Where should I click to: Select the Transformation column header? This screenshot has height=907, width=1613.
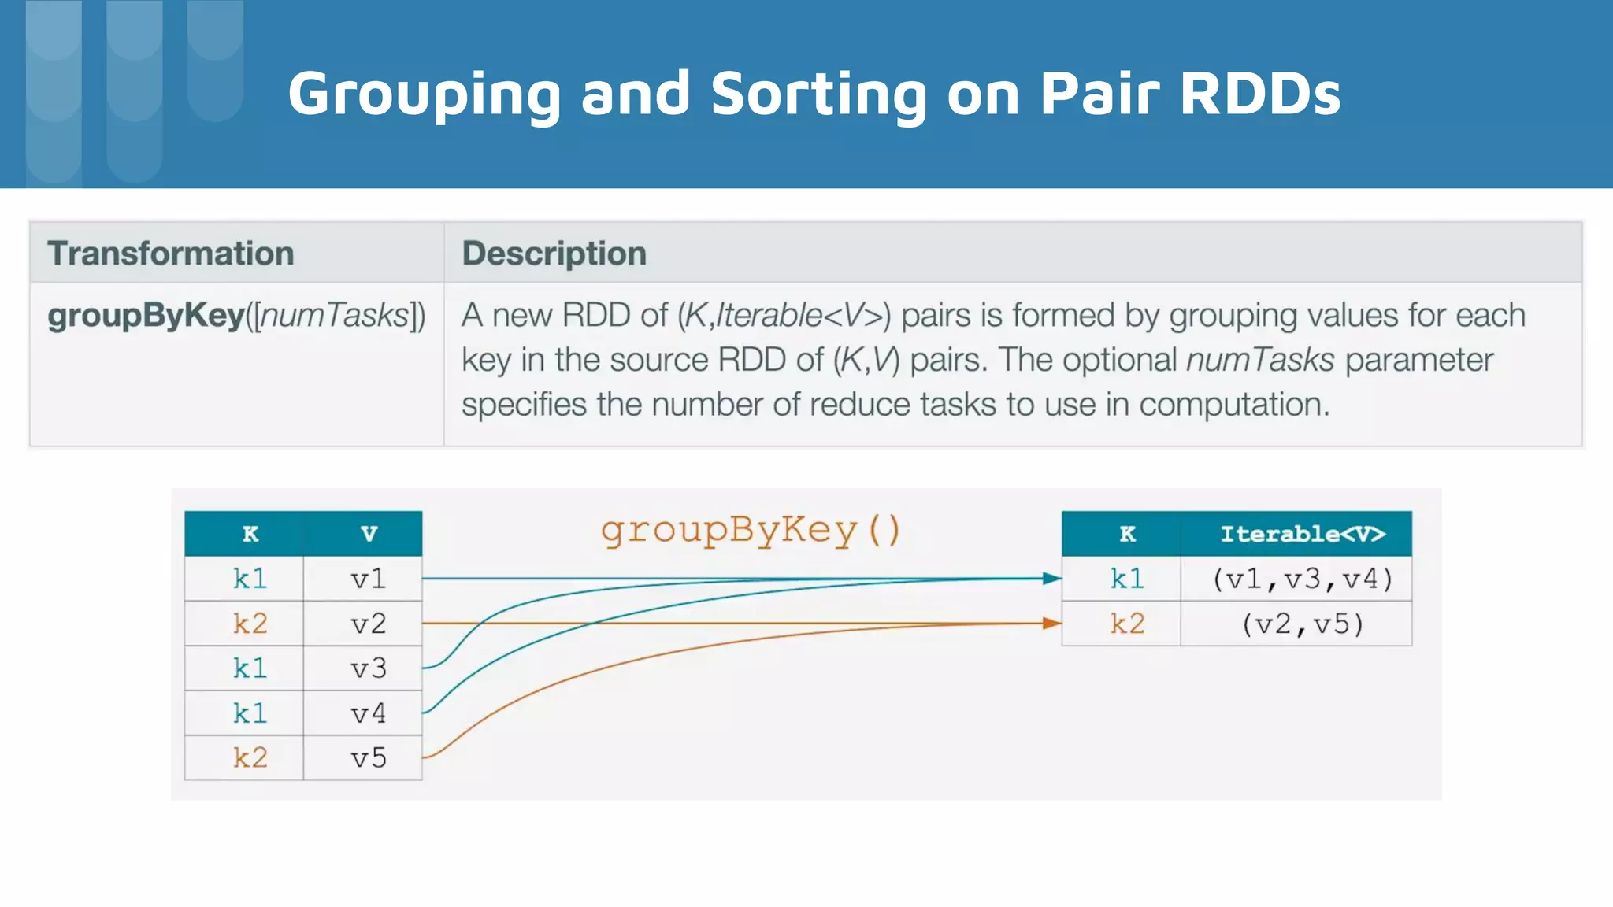click(170, 254)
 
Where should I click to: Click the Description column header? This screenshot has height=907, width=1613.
click(554, 254)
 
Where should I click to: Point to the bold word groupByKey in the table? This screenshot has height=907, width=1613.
click(146, 316)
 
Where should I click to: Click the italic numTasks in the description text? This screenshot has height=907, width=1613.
click(1259, 361)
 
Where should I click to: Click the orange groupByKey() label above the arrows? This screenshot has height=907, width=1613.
click(750, 531)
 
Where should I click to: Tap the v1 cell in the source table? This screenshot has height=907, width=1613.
click(368, 579)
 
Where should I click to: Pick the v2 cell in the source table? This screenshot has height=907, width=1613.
click(368, 624)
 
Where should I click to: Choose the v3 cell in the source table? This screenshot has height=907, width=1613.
click(368, 669)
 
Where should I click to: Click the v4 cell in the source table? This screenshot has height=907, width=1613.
click(368, 714)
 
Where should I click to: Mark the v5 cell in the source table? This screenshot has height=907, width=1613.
click(368, 758)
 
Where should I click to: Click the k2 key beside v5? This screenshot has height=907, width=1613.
click(250, 758)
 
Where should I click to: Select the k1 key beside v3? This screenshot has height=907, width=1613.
click(250, 669)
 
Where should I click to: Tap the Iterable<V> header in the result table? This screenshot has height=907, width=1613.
click(1302, 535)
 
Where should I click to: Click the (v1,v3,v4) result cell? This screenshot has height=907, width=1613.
click(1302, 579)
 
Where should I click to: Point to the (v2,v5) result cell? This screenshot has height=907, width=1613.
click(1302, 624)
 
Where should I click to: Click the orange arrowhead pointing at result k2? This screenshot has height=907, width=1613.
click(1051, 624)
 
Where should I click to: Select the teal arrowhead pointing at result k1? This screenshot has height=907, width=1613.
click(1051, 579)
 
